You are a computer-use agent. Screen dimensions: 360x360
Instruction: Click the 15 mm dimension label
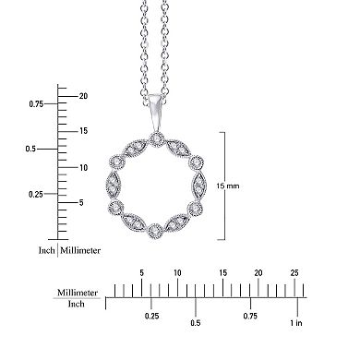click(x=239, y=186)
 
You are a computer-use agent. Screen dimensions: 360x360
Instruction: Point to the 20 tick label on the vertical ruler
click(x=83, y=96)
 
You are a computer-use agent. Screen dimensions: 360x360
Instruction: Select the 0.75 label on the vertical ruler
click(x=36, y=104)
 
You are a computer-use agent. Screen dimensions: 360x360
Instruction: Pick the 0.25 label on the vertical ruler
click(x=36, y=194)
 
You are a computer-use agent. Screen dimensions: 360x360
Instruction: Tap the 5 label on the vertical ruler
click(x=81, y=203)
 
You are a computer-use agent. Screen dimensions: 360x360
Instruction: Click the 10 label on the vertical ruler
click(x=83, y=167)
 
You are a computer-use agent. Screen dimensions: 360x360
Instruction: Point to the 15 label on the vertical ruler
click(x=83, y=131)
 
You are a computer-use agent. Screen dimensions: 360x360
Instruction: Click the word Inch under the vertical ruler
click(x=45, y=250)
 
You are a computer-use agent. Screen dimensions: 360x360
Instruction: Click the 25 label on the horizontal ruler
click(x=294, y=273)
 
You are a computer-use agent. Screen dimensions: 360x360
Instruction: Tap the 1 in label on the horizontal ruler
click(x=294, y=323)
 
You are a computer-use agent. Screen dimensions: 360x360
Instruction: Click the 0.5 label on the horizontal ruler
click(x=195, y=323)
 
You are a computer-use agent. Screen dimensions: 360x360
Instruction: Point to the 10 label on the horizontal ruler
click(x=177, y=273)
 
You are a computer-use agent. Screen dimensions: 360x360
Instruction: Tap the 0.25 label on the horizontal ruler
click(x=152, y=317)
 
